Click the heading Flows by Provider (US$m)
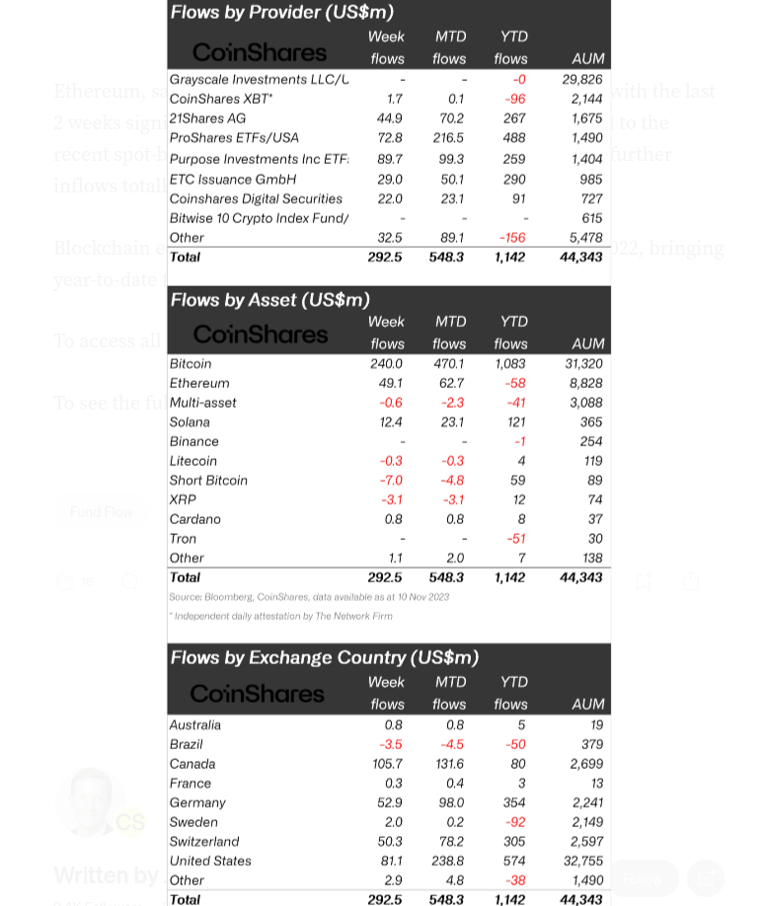tap(282, 12)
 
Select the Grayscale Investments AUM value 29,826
tap(582, 79)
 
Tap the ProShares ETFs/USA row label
tap(234, 138)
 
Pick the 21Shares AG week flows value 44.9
tap(389, 118)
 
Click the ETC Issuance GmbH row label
tap(233, 179)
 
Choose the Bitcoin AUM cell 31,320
tap(583, 363)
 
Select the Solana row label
tap(190, 421)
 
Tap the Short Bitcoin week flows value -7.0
tap(391, 480)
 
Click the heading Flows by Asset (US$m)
tap(270, 299)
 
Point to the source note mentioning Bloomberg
tap(309, 596)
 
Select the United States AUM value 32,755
tap(582, 861)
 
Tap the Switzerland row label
tap(204, 841)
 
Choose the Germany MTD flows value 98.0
tap(450, 802)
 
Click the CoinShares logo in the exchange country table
tap(257, 694)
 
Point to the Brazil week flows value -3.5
tap(391, 743)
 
